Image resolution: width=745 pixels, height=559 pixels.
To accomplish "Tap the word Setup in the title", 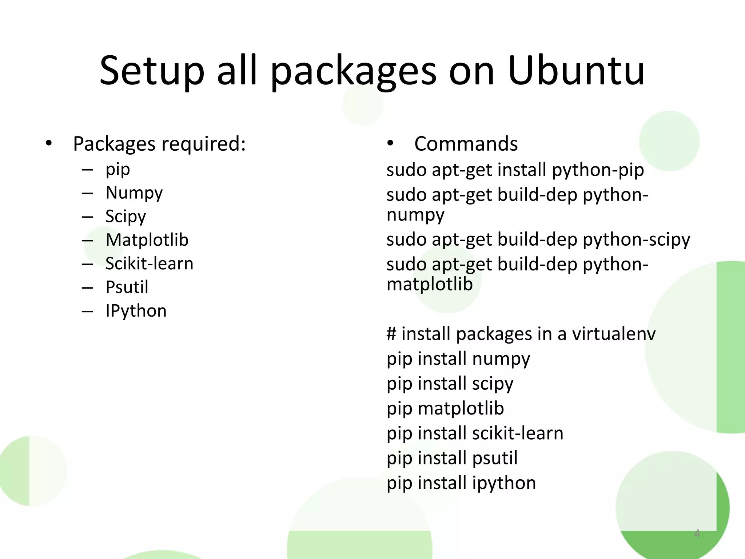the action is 152,71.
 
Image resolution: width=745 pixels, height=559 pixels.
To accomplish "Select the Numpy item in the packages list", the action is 134,193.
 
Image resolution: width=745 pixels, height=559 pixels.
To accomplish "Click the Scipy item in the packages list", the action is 126,217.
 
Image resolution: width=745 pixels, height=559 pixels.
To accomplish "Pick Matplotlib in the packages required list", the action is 147,240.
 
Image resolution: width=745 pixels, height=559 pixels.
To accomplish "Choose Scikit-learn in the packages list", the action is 149,263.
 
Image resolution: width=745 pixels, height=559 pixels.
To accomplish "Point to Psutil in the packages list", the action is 127,287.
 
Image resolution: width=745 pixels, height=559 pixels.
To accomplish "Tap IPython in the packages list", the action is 136,311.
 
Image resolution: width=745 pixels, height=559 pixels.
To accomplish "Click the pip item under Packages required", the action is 117,170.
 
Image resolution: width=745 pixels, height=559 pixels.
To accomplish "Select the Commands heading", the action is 466,144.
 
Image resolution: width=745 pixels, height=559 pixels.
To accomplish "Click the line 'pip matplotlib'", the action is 445,409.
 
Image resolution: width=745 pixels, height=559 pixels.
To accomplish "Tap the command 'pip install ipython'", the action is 461,483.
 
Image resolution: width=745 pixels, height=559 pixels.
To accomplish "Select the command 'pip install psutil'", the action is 452,458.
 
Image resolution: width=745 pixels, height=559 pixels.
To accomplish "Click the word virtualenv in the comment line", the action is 614,334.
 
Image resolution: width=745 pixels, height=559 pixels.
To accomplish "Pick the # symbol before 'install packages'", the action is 391,334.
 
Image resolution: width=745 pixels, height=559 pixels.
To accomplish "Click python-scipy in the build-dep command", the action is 636,240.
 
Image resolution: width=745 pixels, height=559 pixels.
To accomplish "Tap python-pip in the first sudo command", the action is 598,170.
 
